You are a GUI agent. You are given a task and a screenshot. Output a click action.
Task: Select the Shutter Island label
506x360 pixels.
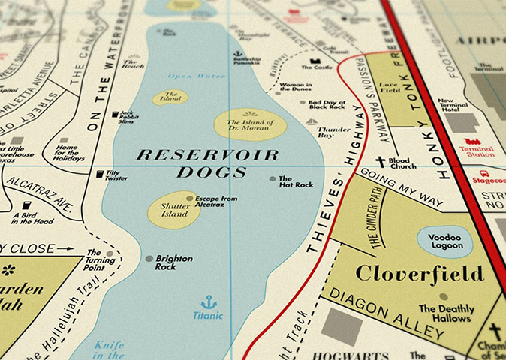click(x=173, y=210)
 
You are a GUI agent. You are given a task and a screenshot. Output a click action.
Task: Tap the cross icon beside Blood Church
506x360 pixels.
click(x=381, y=161)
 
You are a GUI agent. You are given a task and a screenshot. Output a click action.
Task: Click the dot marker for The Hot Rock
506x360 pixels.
click(x=272, y=179)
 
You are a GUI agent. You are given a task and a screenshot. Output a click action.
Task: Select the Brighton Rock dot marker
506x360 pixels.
click(x=149, y=259)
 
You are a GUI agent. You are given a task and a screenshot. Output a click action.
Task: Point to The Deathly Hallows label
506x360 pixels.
click(x=445, y=313)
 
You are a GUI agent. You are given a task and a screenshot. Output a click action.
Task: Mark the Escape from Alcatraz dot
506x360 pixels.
click(x=190, y=199)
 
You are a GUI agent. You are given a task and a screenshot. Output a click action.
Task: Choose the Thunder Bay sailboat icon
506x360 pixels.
click(x=312, y=120)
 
